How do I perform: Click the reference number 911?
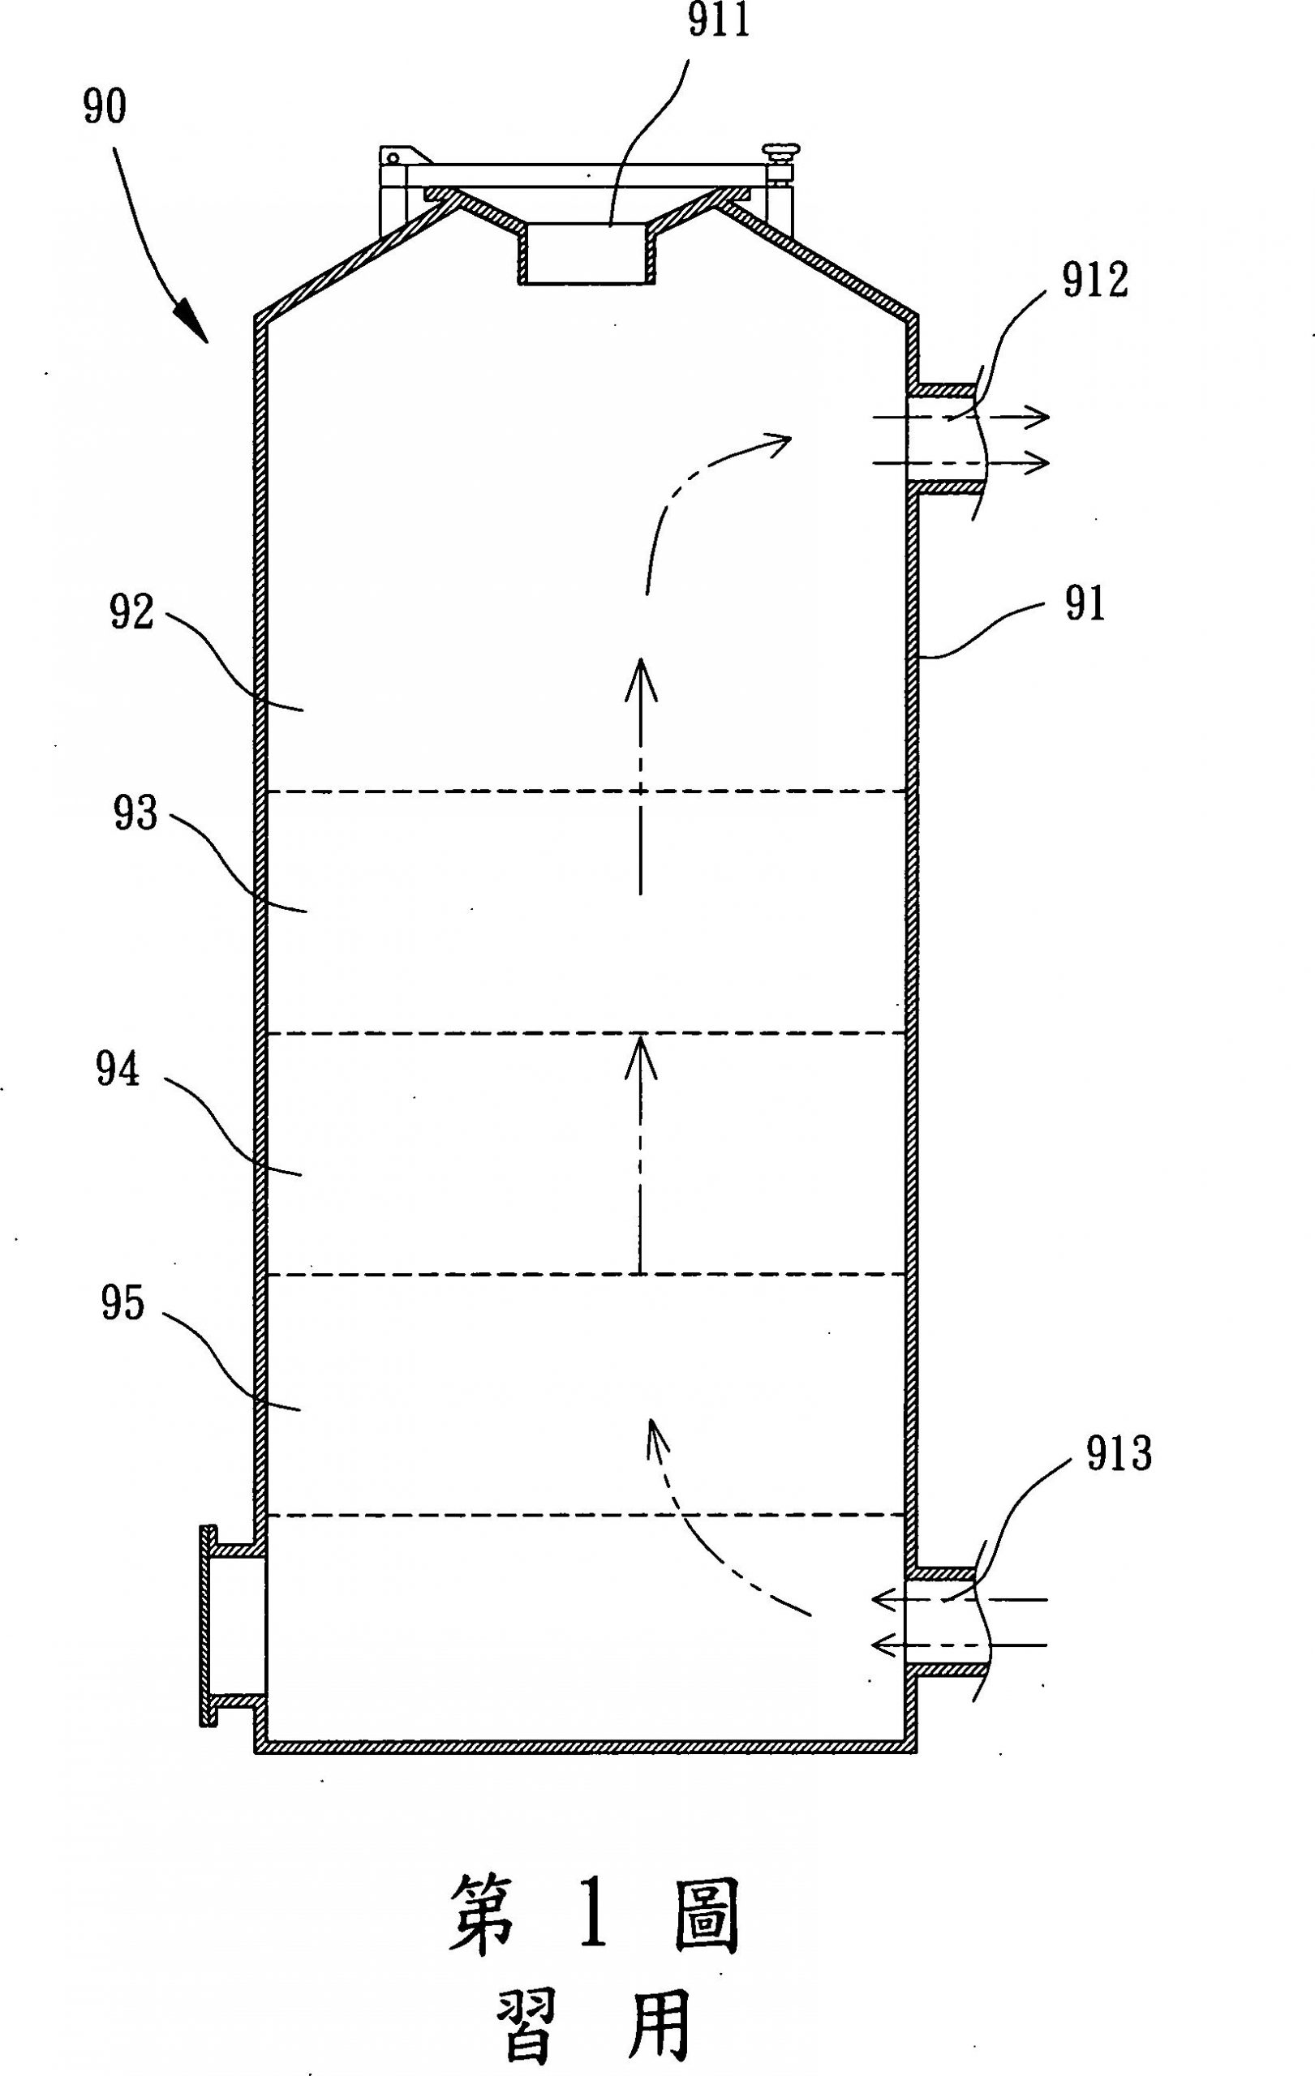[x=717, y=24]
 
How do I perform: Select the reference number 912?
[x=1094, y=282]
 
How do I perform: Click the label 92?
[x=131, y=613]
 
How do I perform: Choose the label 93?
[x=135, y=813]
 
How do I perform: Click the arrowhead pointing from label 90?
[x=195, y=324]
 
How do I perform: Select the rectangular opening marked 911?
[x=586, y=254]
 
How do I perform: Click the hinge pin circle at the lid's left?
[x=393, y=158]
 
